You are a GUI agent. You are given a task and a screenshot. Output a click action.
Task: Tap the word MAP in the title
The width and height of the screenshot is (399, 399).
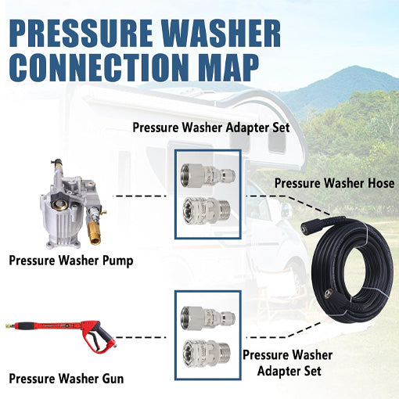tap(231, 66)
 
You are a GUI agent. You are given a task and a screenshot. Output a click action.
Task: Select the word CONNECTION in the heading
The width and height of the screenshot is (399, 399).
tap(99, 66)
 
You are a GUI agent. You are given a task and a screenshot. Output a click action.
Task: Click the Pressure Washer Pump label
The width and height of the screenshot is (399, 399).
tap(71, 261)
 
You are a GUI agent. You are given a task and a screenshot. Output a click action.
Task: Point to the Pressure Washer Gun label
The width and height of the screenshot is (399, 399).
tap(66, 379)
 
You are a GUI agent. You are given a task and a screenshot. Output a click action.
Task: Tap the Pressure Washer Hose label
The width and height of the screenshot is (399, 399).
tap(334, 183)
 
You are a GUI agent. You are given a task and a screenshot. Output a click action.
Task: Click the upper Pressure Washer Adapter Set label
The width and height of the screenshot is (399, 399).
tap(211, 128)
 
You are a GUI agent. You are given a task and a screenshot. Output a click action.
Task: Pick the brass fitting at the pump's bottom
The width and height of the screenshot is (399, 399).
tap(94, 232)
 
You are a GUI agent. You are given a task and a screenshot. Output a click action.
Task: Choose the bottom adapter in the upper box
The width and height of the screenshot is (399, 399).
tap(207, 210)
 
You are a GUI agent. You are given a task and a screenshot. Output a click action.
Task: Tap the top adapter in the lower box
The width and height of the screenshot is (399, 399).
tap(208, 318)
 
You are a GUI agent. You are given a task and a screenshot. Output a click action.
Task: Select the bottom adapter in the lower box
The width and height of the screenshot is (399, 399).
tap(207, 353)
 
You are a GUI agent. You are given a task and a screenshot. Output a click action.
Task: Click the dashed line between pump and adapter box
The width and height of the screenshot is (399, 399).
tap(141, 196)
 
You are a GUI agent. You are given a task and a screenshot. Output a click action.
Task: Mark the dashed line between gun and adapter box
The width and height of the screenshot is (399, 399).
tap(141, 337)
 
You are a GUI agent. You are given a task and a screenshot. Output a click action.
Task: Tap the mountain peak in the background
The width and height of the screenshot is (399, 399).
tap(354, 68)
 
